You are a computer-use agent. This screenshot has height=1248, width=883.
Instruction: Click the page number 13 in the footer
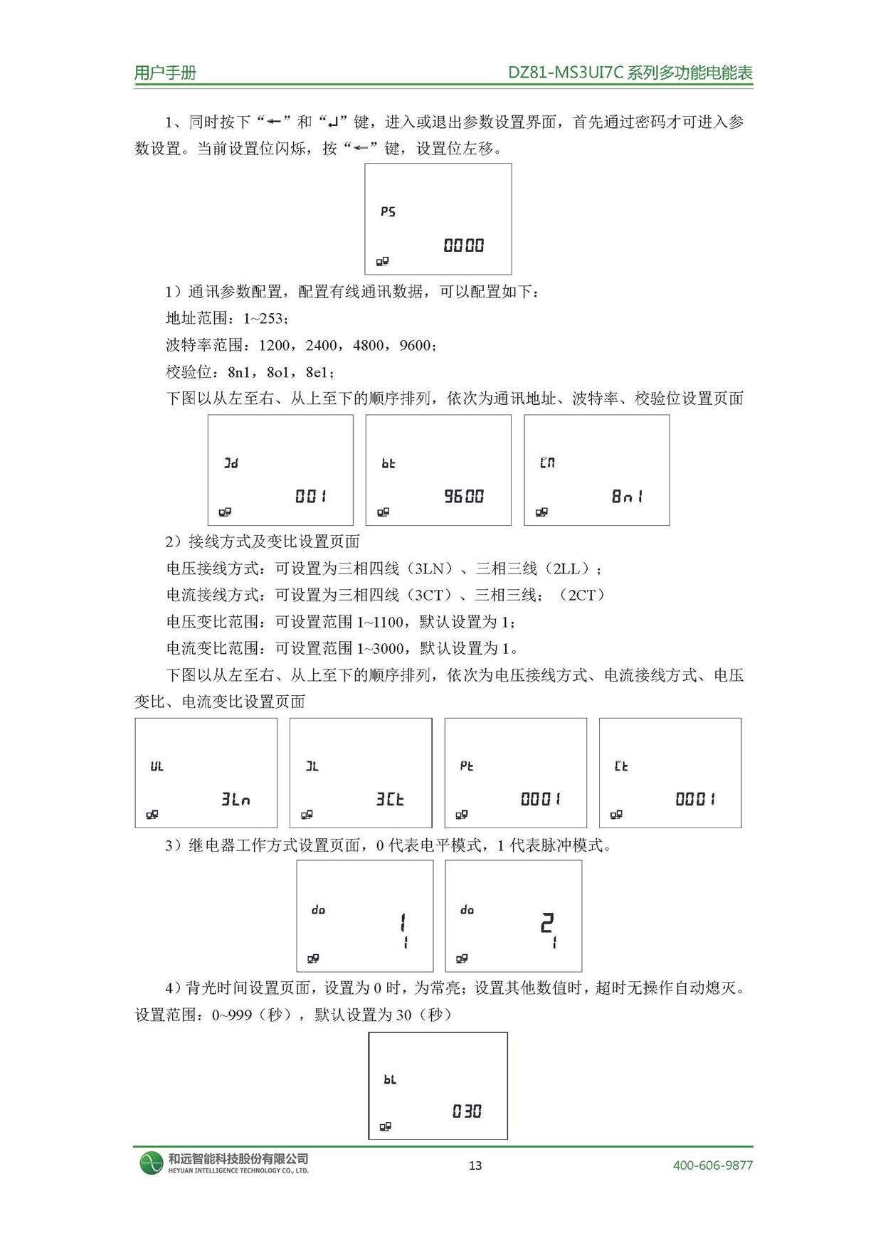click(x=475, y=1165)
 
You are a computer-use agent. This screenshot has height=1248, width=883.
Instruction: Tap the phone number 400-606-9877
click(x=712, y=1165)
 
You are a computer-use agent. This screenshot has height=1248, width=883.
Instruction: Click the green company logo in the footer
click(x=152, y=1163)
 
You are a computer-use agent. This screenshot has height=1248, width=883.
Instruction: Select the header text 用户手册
click(x=165, y=73)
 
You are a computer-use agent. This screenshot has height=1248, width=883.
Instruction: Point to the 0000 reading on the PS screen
click(x=464, y=246)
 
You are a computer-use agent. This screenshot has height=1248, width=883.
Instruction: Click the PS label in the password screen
click(x=388, y=212)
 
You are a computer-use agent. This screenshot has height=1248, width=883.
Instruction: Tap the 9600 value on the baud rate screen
click(x=464, y=497)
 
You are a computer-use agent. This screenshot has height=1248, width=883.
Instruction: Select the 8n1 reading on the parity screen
click(x=627, y=497)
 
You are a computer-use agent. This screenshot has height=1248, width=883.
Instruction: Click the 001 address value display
click(x=311, y=497)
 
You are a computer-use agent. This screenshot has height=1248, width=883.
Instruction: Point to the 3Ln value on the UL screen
click(x=236, y=800)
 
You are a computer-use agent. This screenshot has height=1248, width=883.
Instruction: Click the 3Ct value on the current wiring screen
click(x=390, y=800)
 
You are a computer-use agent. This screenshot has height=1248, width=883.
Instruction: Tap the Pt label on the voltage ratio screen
click(x=467, y=766)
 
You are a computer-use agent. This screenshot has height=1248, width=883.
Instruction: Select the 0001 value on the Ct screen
click(x=695, y=800)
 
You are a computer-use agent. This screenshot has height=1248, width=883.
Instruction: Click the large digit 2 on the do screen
click(x=546, y=924)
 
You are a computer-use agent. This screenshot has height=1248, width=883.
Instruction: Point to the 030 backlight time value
click(x=467, y=1111)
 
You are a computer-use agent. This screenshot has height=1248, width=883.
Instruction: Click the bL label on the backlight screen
click(x=390, y=1080)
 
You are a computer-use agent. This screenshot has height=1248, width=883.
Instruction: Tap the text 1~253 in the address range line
click(x=263, y=319)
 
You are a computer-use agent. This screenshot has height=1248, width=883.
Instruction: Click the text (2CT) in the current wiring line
click(x=582, y=595)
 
